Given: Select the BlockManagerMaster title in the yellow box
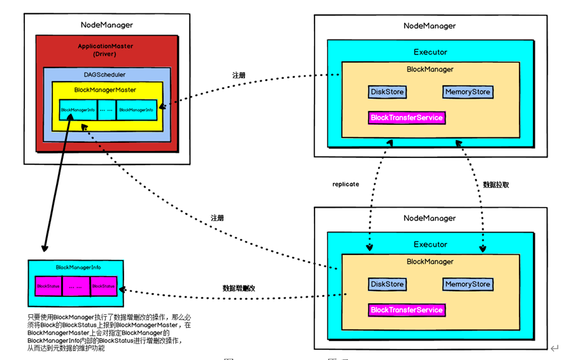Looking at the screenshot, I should click(105, 90).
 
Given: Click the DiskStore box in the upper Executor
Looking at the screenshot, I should click(387, 92).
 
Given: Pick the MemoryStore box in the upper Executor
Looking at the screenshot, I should click(468, 92).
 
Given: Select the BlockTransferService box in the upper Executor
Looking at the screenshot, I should click(407, 118).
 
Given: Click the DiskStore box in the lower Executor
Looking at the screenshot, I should click(387, 284).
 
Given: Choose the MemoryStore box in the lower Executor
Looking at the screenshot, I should click(468, 284).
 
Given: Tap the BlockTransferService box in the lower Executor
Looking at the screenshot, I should click(407, 310).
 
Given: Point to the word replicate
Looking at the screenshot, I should click(346, 184).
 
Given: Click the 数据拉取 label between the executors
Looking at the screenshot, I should click(495, 185).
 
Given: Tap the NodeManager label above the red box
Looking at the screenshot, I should click(107, 25).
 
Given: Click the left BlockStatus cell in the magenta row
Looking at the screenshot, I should click(48, 287).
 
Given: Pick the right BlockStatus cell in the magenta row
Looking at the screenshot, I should click(104, 287).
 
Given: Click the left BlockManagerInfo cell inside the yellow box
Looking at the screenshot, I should click(78, 110).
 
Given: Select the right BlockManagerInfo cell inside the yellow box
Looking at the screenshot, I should click(136, 110).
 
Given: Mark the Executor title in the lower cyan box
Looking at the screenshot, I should click(430, 245).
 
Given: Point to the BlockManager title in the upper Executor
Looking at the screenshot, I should click(430, 69).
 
